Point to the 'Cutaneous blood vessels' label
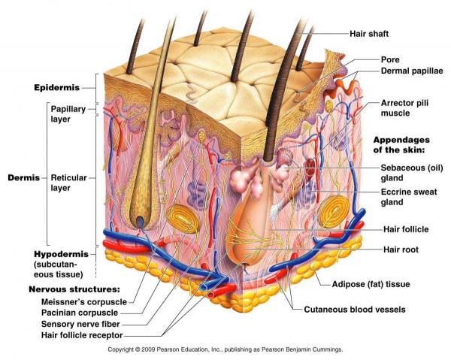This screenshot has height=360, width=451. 354,309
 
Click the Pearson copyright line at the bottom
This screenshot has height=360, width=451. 225,350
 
